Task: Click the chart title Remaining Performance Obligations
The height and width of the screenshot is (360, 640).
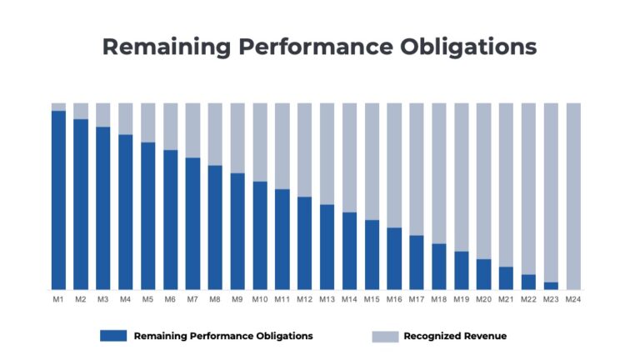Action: (x=319, y=47)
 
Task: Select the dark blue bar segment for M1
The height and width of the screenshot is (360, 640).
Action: (x=58, y=200)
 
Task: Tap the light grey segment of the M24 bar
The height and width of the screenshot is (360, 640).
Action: (x=573, y=196)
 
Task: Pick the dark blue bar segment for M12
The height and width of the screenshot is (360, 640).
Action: (x=304, y=243)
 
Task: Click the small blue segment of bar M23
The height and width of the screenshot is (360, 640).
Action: (x=551, y=286)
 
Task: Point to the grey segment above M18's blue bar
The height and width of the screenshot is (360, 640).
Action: (x=439, y=172)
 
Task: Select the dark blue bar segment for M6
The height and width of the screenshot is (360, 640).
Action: (x=170, y=219)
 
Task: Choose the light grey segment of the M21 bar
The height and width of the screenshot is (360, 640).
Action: (x=506, y=184)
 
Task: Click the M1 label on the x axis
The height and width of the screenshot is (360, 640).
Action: (x=58, y=298)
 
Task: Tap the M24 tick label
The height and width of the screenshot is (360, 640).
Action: (x=573, y=298)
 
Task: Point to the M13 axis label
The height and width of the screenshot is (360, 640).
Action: (x=327, y=298)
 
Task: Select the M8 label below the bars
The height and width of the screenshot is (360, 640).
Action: (x=215, y=298)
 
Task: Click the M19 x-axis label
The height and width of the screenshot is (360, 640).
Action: (x=461, y=298)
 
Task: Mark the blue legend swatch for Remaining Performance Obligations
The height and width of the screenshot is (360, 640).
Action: (x=113, y=336)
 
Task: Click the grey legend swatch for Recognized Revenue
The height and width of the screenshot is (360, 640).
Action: (x=384, y=336)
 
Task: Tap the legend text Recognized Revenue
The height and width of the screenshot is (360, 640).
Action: (x=455, y=336)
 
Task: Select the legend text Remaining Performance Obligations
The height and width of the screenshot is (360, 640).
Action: (x=223, y=336)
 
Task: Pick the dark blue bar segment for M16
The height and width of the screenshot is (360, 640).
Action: (x=394, y=258)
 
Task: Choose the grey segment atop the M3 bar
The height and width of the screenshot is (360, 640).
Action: (x=102, y=115)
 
